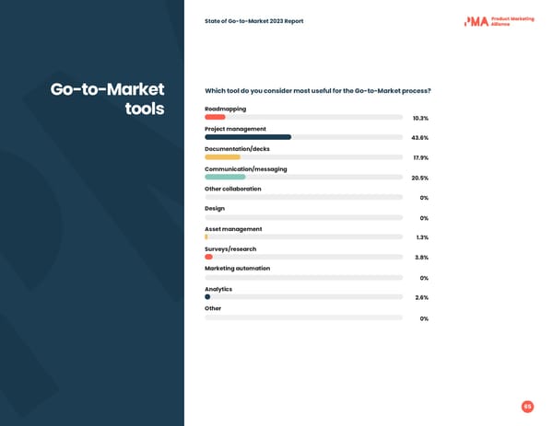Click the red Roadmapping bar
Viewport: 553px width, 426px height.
[x=215, y=117]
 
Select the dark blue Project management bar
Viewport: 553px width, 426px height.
[x=248, y=137]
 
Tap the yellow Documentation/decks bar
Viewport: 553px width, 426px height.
[x=222, y=157]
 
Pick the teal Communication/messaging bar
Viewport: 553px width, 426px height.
[x=225, y=177]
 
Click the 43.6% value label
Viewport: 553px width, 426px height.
[x=419, y=138]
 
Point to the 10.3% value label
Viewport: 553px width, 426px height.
[x=419, y=118]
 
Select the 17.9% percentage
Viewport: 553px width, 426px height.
[x=419, y=158]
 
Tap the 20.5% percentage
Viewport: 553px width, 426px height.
[x=419, y=178]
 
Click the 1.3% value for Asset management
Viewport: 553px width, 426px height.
[x=421, y=237]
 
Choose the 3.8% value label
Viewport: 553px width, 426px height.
[x=421, y=258]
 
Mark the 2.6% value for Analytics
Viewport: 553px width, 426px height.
[x=421, y=298]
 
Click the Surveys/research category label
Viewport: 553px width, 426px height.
[x=230, y=248]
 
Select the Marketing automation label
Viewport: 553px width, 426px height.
[x=237, y=269]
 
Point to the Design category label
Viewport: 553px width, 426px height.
[x=215, y=209]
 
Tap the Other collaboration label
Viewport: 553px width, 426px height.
[x=232, y=189]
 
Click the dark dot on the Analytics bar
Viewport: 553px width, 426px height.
[x=207, y=297]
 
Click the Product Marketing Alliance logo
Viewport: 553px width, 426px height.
[x=499, y=20]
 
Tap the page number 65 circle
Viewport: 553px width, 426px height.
[x=527, y=407]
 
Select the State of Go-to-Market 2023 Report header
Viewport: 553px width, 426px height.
[x=253, y=21]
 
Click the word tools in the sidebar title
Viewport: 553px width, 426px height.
[x=144, y=109]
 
